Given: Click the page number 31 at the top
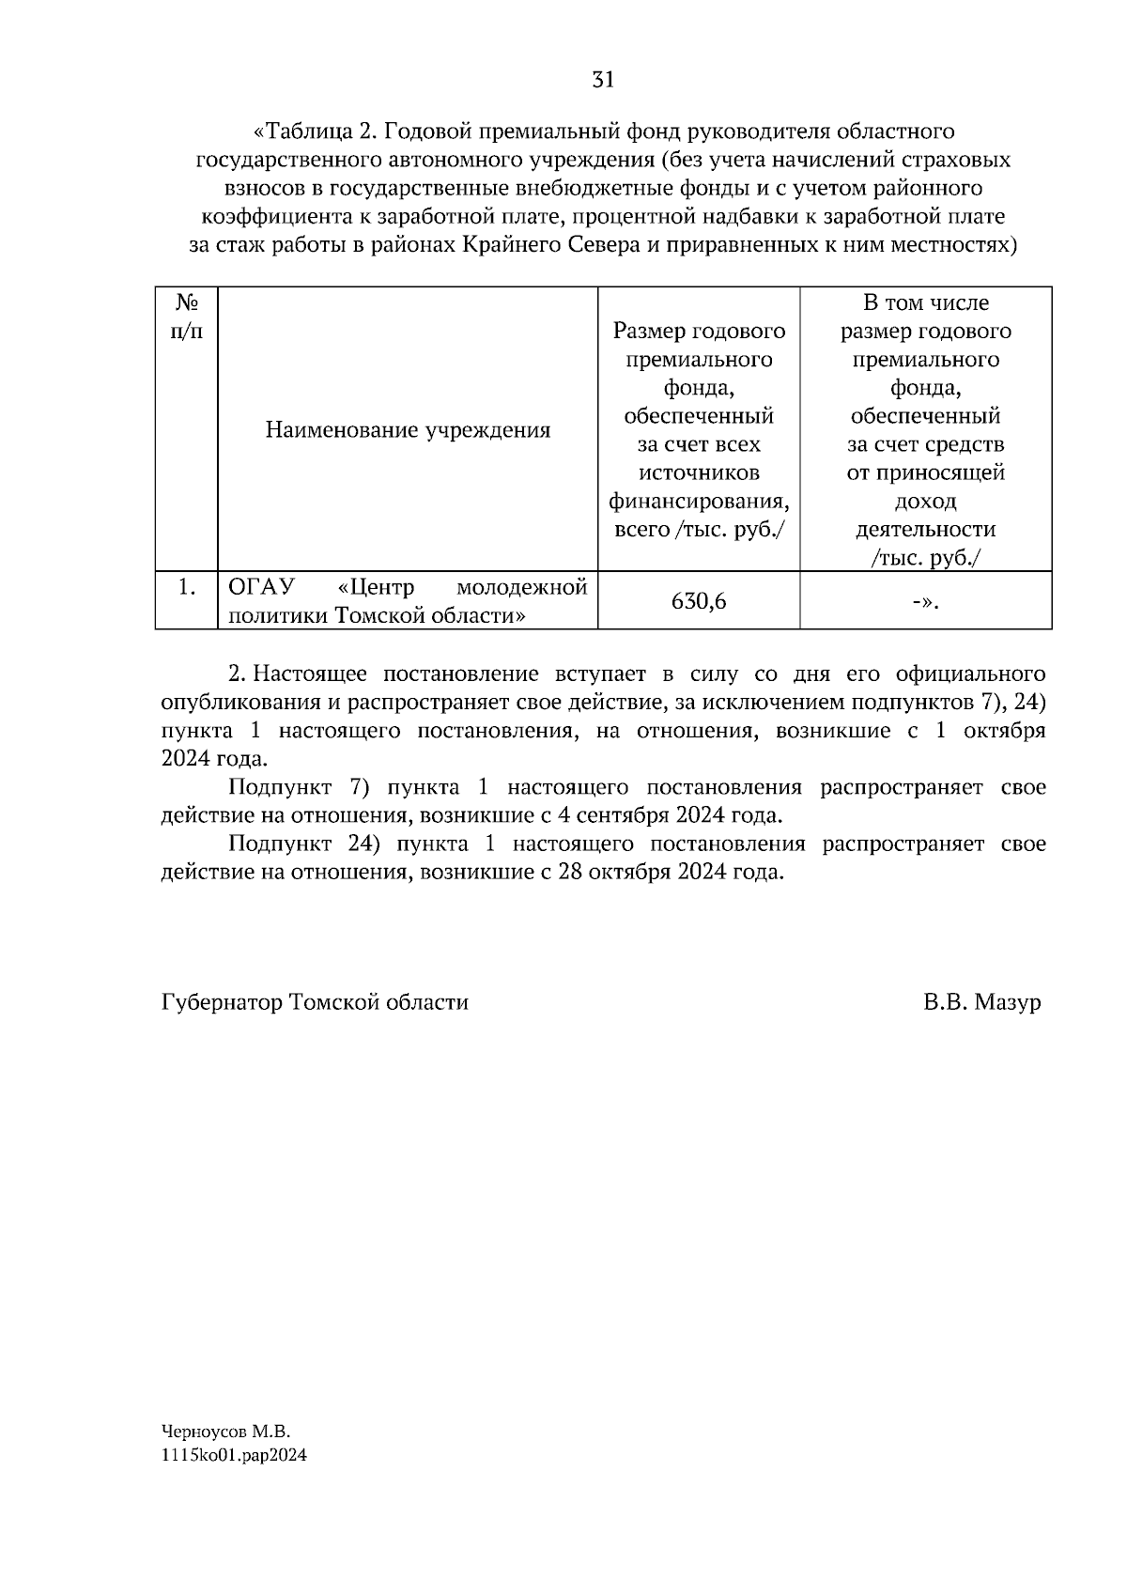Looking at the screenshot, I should (603, 80).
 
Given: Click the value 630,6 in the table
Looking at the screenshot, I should (699, 601).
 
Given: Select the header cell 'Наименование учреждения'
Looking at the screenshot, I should (408, 430).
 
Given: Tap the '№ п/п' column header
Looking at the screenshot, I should (186, 317).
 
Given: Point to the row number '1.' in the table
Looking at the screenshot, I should (187, 587).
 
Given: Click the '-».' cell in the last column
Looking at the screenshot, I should (925, 601).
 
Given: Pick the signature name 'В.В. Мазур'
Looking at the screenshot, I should (981, 1002).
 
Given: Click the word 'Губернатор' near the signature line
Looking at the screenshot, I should (222, 1002).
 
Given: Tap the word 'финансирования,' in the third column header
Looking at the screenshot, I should (699, 501).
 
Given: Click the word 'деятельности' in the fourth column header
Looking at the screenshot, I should (925, 529).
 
